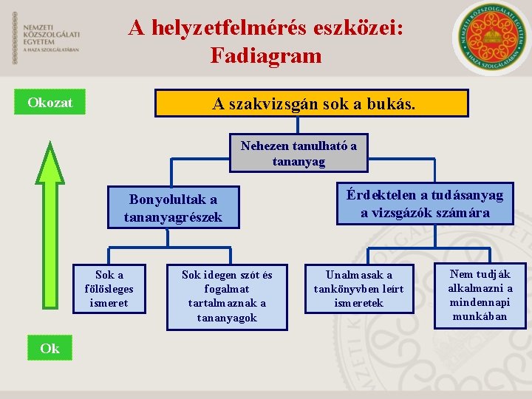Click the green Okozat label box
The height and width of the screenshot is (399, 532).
[x=50, y=103]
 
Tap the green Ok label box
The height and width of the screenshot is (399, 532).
[x=50, y=348]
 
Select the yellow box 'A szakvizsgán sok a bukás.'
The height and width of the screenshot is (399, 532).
[x=312, y=104]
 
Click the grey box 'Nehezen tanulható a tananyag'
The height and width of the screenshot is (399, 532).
[x=299, y=154]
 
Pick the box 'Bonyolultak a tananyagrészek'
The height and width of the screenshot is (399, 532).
[x=174, y=208]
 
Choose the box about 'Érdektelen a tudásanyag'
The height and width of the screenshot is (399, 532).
[x=425, y=204]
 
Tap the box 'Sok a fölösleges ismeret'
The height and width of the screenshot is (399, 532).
[x=109, y=288]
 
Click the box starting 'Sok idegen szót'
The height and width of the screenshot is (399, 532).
[x=227, y=296]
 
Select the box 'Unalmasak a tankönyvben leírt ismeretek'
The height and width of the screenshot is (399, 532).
[x=359, y=288]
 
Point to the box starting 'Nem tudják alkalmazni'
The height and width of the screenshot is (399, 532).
[x=480, y=295]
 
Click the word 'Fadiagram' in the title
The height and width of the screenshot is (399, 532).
[x=266, y=55]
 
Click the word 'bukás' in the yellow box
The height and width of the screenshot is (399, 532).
[x=397, y=104]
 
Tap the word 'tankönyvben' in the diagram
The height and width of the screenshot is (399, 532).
[x=359, y=289]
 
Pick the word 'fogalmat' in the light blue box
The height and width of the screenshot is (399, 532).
[x=227, y=289]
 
